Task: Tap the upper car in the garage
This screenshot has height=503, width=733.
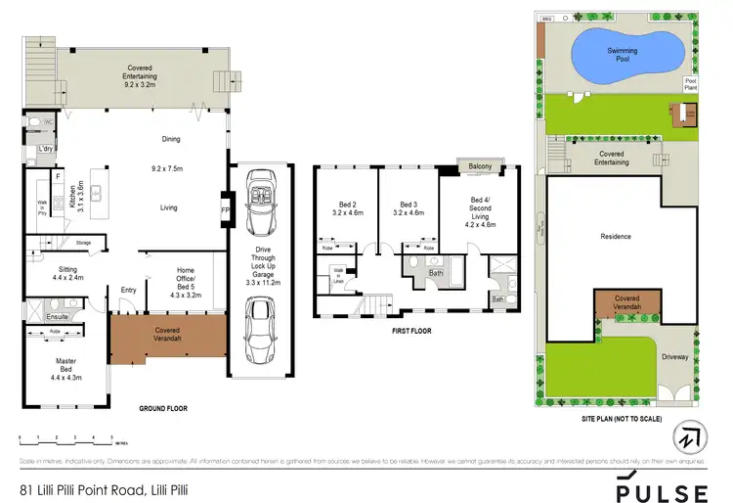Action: coord(261,204)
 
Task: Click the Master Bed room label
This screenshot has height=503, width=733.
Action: coord(65,364)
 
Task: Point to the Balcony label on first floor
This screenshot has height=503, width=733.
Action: coord(480,166)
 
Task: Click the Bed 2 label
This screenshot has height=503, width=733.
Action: coord(347,207)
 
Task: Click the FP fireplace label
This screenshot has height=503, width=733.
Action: coord(224,209)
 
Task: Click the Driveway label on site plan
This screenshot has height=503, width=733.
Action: coord(675,357)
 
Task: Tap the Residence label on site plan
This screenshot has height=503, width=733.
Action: coord(616,237)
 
